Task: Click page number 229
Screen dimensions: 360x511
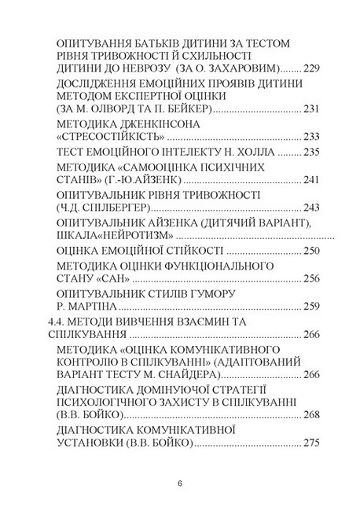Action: click(x=311, y=68)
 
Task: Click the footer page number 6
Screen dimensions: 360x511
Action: click(x=180, y=481)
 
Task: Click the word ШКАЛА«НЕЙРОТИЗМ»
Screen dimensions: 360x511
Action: click(x=116, y=236)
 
